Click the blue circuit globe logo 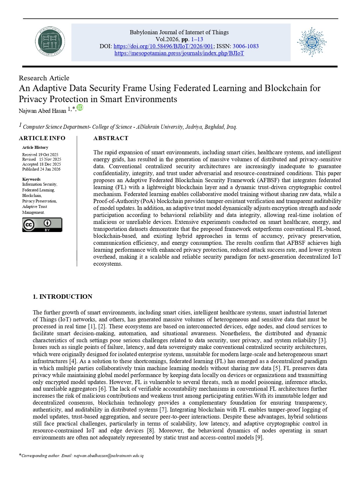coord(312,42)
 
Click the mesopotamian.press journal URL coord(179,53)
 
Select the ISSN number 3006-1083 coord(246,46)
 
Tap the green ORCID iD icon coord(80,108)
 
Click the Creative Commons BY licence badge coord(42,225)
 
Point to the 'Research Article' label coord(44,78)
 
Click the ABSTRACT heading coord(111,138)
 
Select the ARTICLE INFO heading coord(42,138)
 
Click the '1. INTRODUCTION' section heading coord(62,296)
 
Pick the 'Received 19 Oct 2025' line coord(40,155)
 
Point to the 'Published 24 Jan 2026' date coord(41,169)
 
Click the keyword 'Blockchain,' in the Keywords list coord(32,195)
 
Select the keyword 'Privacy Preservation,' coord(40,201)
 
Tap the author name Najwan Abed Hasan coord(42,111)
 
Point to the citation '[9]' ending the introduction coord(259,437)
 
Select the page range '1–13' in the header coord(197,39)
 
